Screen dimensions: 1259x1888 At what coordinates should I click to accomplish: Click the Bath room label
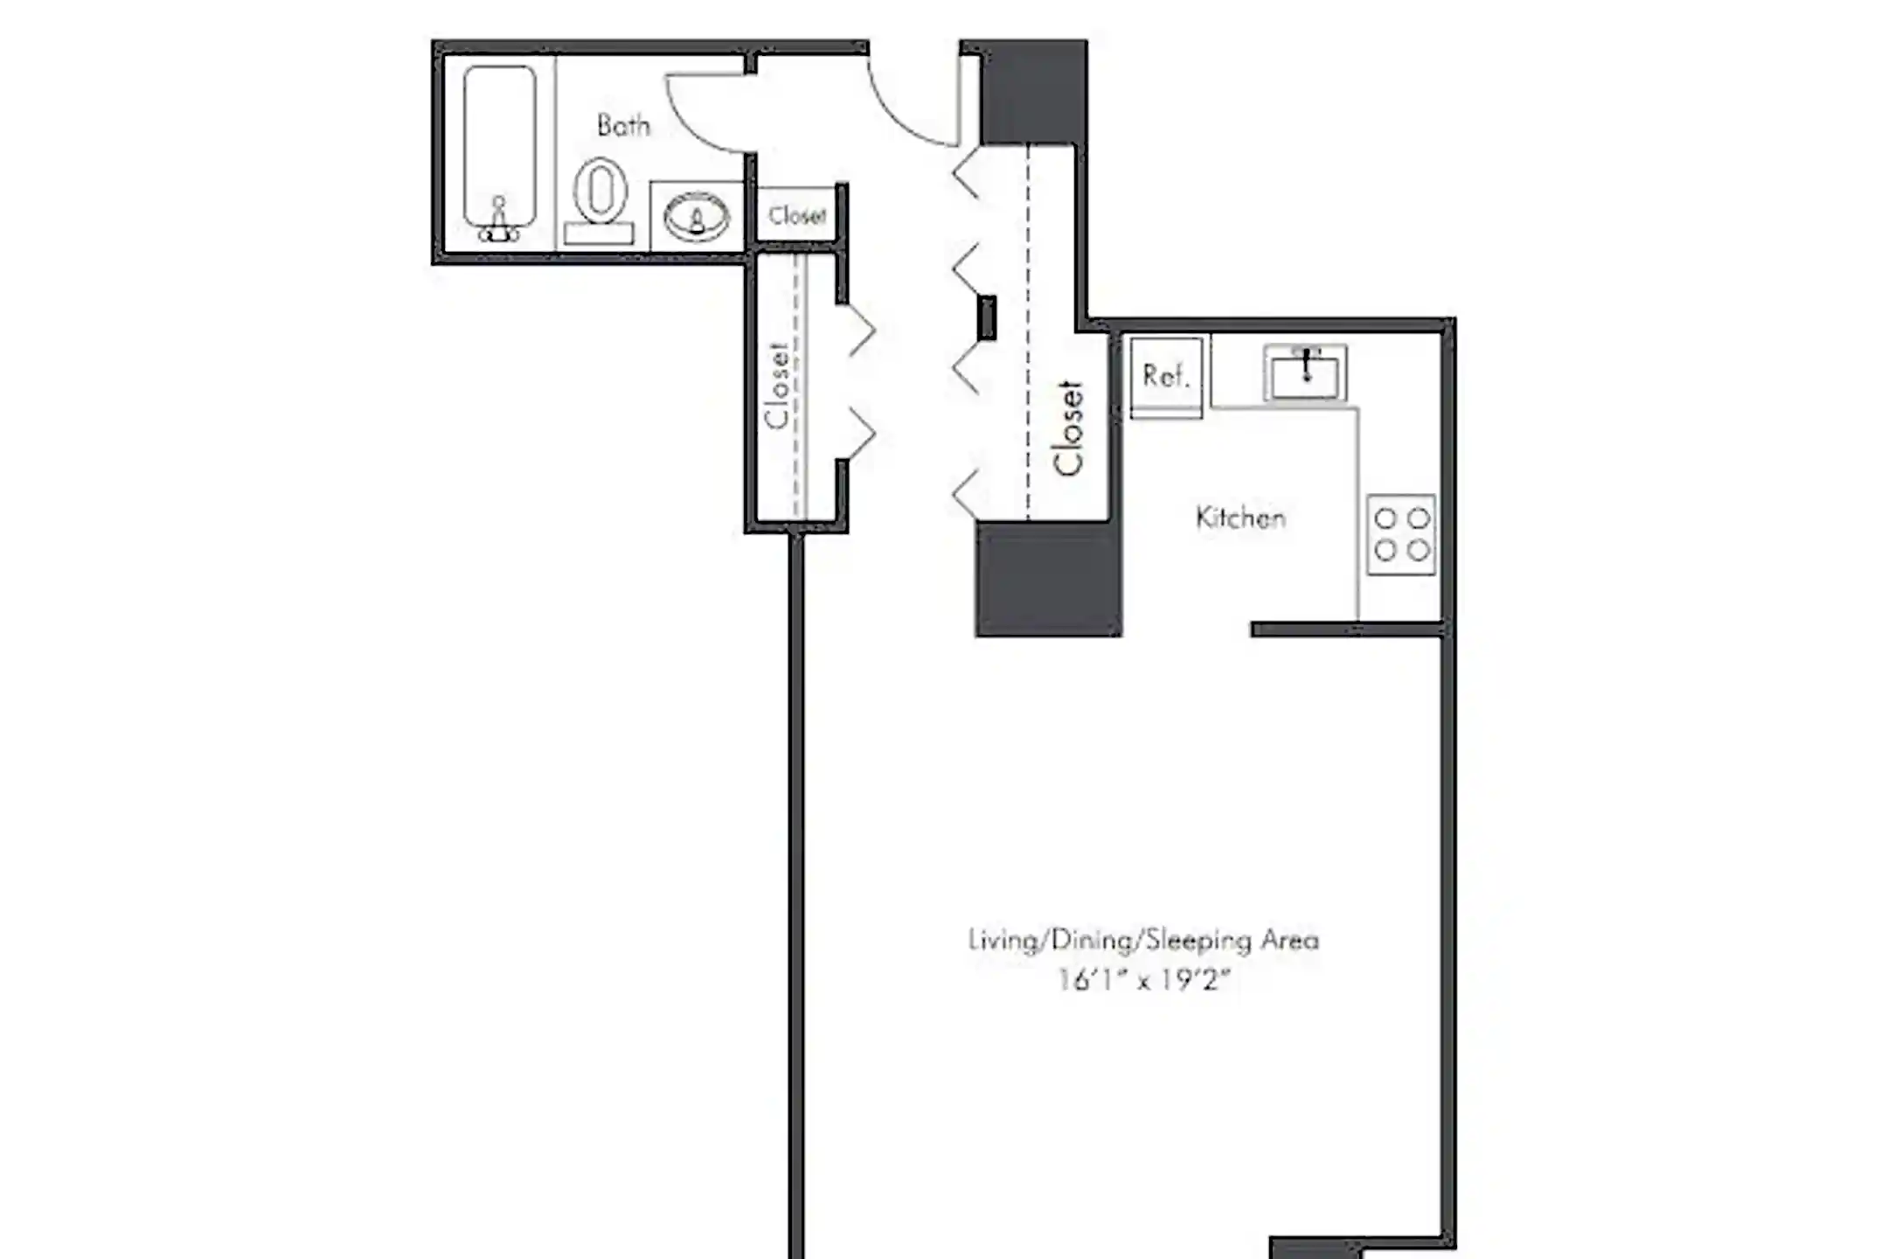point(623,126)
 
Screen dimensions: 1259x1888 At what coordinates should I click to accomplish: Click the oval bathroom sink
point(696,217)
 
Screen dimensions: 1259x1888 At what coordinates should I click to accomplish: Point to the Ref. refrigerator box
point(1166,376)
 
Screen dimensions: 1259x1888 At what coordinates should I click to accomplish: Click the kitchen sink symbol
point(1305,373)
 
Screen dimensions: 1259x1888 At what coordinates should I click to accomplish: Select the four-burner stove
point(1401,534)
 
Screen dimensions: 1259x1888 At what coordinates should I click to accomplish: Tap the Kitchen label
point(1240,518)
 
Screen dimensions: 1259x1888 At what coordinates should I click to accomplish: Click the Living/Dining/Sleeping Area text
point(1143,941)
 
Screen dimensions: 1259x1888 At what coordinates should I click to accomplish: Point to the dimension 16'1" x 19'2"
point(1143,980)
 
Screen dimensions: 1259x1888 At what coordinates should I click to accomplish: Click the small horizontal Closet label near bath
point(796,215)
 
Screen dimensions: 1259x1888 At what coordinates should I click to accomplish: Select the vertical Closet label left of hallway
point(776,386)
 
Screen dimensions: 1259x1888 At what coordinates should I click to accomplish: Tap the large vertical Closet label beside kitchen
point(1068,428)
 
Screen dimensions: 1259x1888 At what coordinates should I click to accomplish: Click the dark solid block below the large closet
point(1048,579)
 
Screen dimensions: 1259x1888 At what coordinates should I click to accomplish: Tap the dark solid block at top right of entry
point(1034,92)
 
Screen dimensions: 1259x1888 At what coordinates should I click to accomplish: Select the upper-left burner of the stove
point(1385,518)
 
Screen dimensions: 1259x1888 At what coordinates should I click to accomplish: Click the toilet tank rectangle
point(599,233)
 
